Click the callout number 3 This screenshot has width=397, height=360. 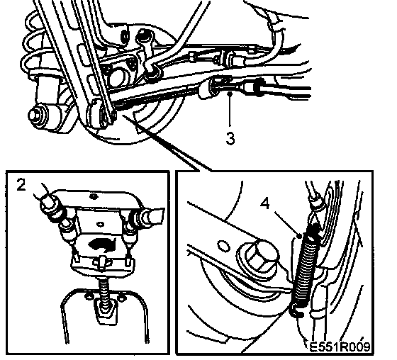pos(230,138)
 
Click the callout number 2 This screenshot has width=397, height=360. pos(21,184)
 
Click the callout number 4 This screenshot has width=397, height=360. pos(265,203)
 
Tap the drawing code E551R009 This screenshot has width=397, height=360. pos(340,346)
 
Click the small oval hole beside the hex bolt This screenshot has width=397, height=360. pos(223,246)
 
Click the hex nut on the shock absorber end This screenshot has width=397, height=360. pos(35,116)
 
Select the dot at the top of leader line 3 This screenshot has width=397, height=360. pos(230,94)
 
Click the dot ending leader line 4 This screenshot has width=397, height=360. pos(300,236)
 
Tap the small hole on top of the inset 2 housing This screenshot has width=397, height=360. pos(94,196)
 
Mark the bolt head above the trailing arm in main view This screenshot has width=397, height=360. pos(143,35)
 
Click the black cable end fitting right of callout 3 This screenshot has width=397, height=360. pos(258,87)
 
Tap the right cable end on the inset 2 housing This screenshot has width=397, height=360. pos(152,217)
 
